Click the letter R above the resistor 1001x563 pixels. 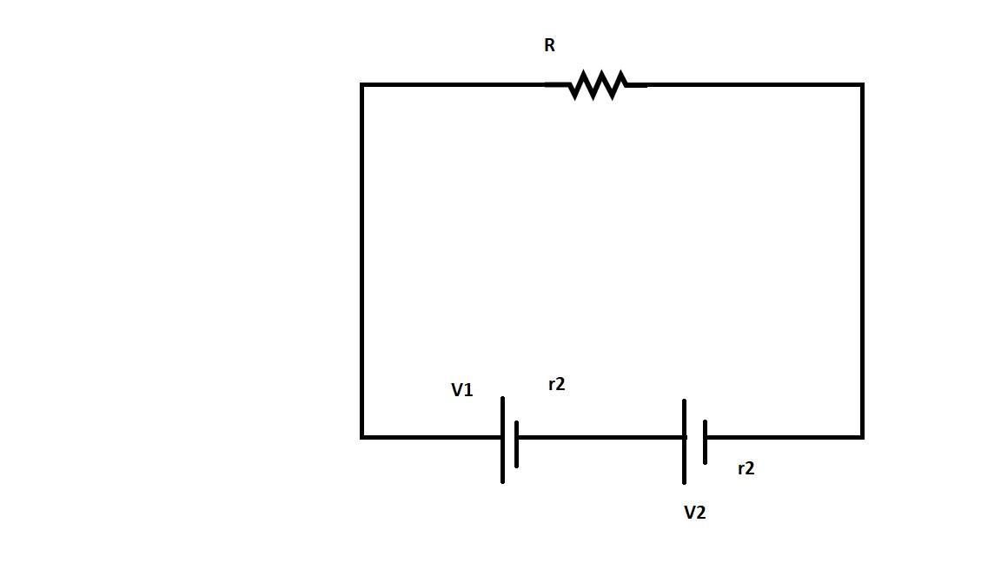pyautogui.click(x=549, y=46)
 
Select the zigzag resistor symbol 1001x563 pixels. pyautogui.click(x=597, y=85)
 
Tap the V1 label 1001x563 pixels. pyautogui.click(x=462, y=390)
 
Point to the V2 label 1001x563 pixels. pyautogui.click(x=695, y=513)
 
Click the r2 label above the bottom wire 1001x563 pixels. pyautogui.click(x=557, y=384)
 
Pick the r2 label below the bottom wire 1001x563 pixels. pyautogui.click(x=746, y=468)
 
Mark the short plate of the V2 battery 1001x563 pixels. pyautogui.click(x=705, y=441)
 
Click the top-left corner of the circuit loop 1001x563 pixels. pyautogui.click(x=362, y=85)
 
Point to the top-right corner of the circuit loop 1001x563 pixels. pyautogui.click(x=862, y=85)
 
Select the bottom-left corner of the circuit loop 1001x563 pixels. pyautogui.click(x=362, y=436)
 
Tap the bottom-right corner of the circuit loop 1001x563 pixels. pyautogui.click(x=862, y=436)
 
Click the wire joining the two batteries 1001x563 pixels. pyautogui.click(x=600, y=437)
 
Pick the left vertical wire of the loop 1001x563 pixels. pyautogui.click(x=362, y=261)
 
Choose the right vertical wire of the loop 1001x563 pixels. pyautogui.click(x=862, y=261)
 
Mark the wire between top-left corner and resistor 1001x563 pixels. pyautogui.click(x=452, y=85)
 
